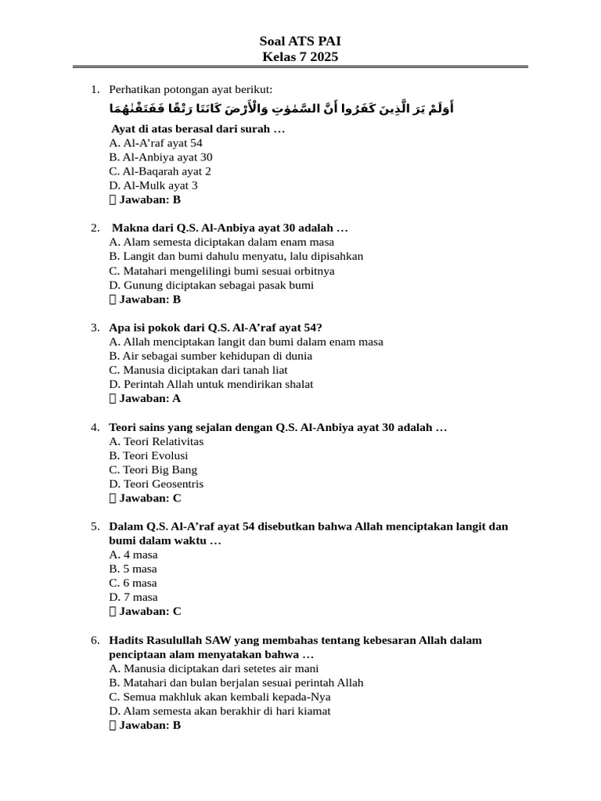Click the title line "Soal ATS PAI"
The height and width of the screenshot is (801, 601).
point(300,41)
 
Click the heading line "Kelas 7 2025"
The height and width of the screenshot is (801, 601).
point(300,57)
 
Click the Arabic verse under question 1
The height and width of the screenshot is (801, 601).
point(282,108)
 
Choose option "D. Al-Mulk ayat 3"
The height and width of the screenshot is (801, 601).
point(153,185)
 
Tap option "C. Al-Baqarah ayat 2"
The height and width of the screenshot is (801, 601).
point(160,171)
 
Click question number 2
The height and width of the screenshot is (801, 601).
point(95,228)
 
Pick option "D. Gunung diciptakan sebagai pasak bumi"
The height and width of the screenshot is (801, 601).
point(211,286)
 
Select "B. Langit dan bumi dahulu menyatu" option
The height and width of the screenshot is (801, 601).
point(236,257)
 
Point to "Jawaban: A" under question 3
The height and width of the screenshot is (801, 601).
point(149,398)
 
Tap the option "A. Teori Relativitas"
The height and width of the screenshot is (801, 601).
point(157,441)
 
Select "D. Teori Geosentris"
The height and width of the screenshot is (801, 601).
point(157,484)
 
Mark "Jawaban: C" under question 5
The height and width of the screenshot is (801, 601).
point(149,612)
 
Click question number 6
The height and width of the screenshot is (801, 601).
point(95,640)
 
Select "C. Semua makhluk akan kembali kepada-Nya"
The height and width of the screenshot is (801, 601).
point(220,697)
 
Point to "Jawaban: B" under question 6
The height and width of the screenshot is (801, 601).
point(149,725)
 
